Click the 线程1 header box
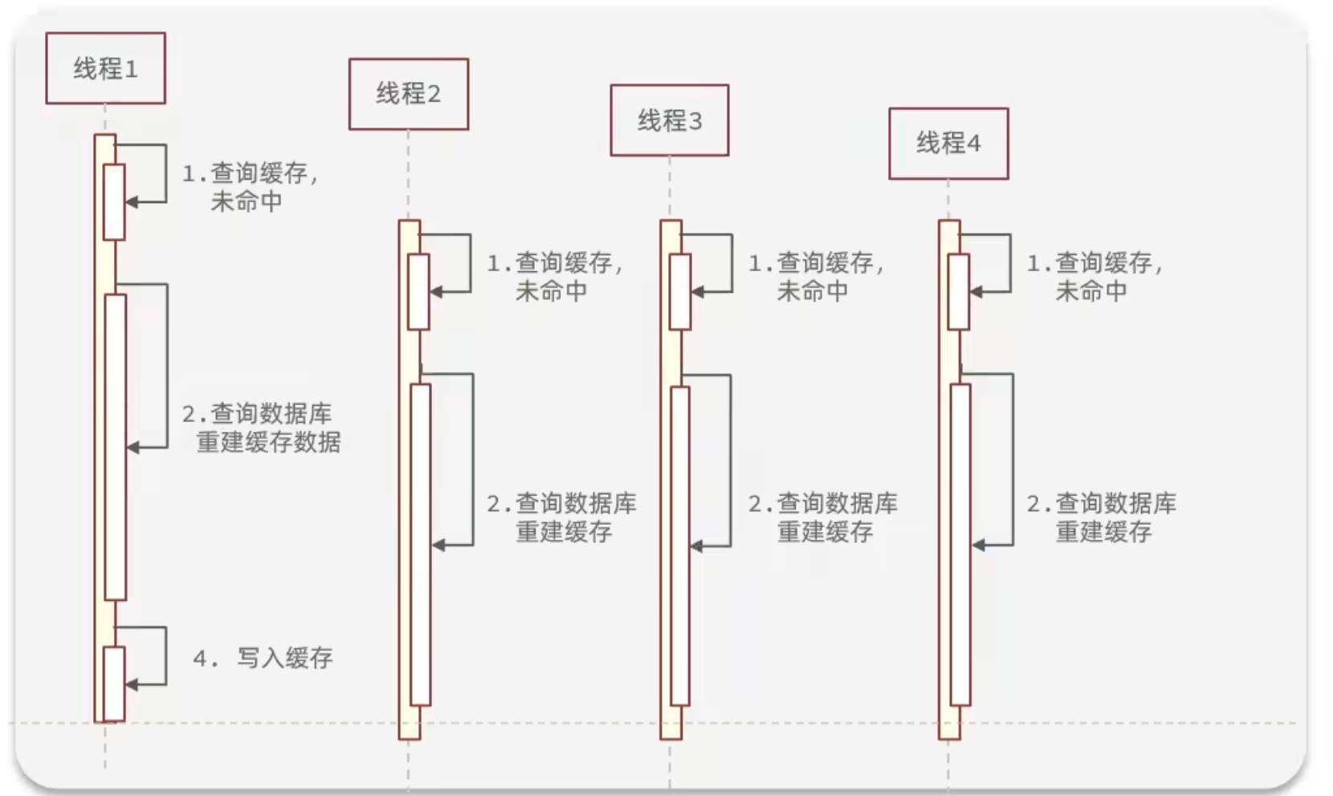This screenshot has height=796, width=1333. click(x=105, y=68)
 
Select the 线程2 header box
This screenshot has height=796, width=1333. click(x=408, y=94)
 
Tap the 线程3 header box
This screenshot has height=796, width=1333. click(x=669, y=120)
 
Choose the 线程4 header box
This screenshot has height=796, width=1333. click(x=948, y=144)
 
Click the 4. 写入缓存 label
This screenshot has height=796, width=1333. click(x=263, y=659)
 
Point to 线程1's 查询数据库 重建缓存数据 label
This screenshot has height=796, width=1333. click(x=261, y=428)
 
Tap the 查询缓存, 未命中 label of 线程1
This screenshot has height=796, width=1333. click(x=250, y=187)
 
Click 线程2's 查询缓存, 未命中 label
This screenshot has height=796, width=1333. click(x=555, y=277)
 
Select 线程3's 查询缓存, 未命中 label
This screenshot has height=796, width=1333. click(x=816, y=277)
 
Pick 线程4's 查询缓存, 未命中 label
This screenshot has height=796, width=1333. click(x=1095, y=277)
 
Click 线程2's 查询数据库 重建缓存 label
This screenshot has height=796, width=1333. click(x=561, y=518)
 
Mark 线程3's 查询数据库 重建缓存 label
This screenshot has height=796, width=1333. click(x=822, y=518)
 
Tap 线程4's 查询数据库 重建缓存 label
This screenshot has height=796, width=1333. click(x=1101, y=518)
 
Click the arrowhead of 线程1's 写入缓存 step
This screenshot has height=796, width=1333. click(x=132, y=684)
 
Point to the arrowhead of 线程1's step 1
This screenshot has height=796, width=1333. click(x=132, y=202)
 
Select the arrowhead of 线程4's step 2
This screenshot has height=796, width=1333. click(x=978, y=546)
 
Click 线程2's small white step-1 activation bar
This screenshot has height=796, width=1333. click(x=418, y=292)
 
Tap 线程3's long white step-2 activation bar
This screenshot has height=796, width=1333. click(x=680, y=546)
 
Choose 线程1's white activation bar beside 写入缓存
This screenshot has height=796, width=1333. click(x=114, y=684)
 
